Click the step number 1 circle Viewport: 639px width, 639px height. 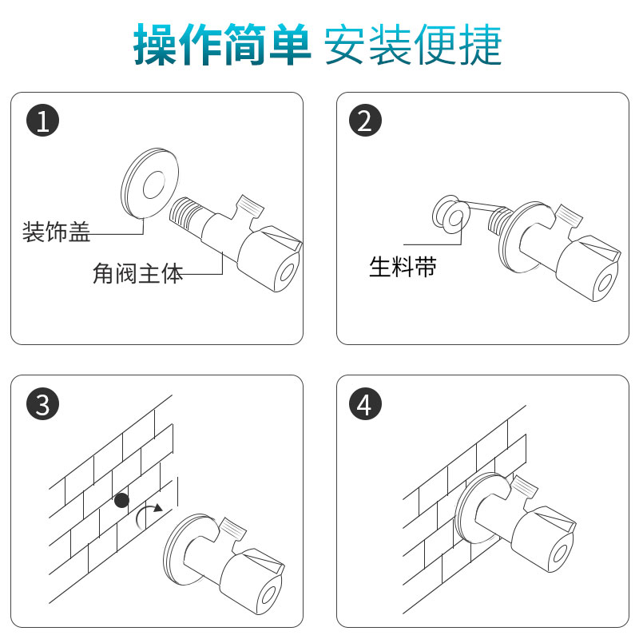[x=43, y=121]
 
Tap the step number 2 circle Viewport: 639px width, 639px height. [x=366, y=121]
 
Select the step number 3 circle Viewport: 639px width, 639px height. [x=43, y=404]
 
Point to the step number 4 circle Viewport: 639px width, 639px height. [x=366, y=404]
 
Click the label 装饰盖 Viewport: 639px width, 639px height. [x=56, y=232]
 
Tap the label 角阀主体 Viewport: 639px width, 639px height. [x=137, y=273]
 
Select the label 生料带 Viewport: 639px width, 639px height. [x=403, y=267]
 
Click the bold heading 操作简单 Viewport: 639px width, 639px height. [x=222, y=44]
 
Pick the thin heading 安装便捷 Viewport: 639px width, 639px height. [x=413, y=44]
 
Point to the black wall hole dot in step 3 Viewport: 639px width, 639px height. [x=122, y=500]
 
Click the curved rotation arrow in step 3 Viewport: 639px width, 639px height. [x=141, y=513]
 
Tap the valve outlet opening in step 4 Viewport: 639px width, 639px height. [x=559, y=554]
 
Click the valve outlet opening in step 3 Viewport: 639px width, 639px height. [x=269, y=595]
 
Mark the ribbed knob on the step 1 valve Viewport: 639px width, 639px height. [x=250, y=206]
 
